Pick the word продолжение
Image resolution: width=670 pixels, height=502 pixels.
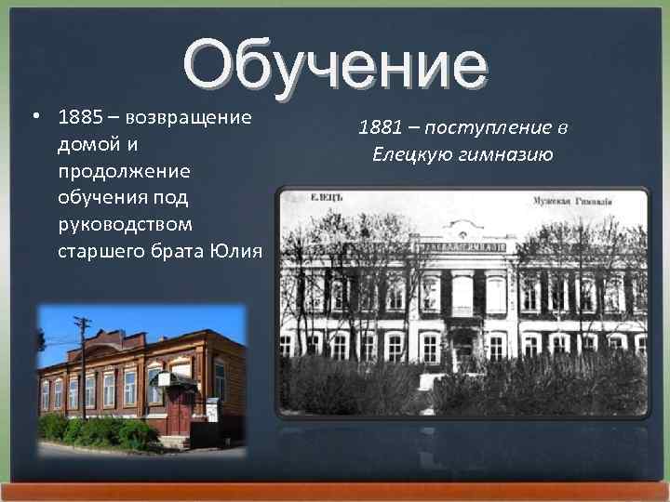(x=123, y=172)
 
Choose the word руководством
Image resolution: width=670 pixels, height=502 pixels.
(x=125, y=224)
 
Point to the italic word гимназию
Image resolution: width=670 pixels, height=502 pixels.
(x=507, y=154)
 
